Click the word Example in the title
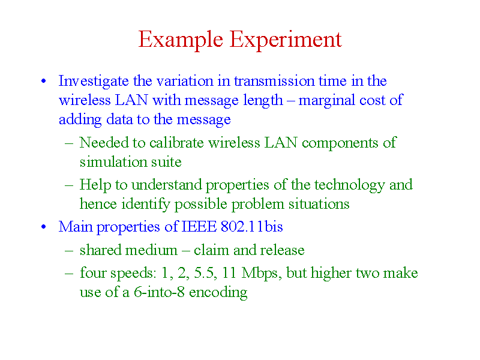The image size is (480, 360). coord(181,40)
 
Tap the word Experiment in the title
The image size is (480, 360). coord(286,40)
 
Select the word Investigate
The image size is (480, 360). coord(94,82)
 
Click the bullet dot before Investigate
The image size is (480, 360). coord(43,81)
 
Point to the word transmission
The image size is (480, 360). coord(274,81)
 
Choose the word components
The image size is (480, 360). coord(340,143)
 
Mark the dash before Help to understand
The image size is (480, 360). coord(69,185)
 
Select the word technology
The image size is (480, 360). coord(349,185)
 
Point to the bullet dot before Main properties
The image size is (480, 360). coord(43,227)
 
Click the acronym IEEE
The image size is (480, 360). coord(199,227)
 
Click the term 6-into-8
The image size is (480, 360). coord(159,292)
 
